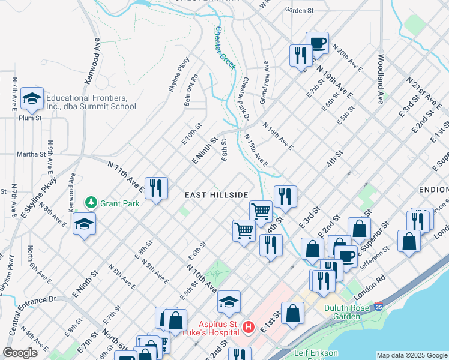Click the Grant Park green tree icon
tap(91, 203)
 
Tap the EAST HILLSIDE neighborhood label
tap(216, 195)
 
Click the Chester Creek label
tap(224, 47)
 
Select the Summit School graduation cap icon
tap(31, 98)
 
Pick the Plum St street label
tap(29, 118)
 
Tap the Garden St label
tap(300, 10)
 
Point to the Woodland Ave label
tap(381, 79)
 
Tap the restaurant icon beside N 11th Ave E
tap(156, 187)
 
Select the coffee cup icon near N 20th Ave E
tap(317, 43)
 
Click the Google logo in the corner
tap(20, 353)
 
